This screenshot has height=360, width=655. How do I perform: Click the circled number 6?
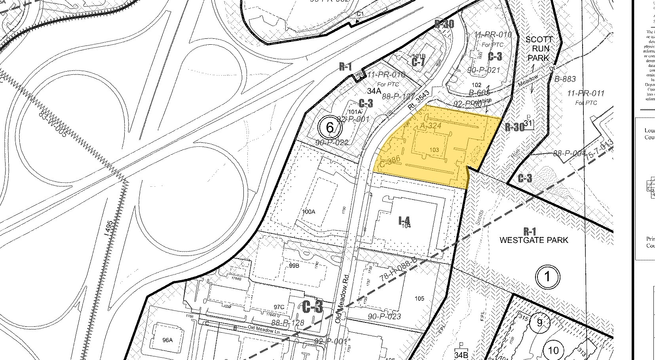click(330, 127)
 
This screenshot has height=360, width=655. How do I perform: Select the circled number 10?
click(553, 350)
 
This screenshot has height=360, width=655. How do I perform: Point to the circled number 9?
click(541, 322)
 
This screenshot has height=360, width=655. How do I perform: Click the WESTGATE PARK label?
click(534, 240)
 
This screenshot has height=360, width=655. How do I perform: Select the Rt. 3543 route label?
click(418, 101)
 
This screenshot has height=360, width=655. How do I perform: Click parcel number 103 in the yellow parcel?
click(434, 150)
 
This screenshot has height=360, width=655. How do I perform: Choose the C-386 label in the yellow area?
click(391, 161)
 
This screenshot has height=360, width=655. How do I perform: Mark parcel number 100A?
click(308, 212)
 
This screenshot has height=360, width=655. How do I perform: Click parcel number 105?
click(419, 298)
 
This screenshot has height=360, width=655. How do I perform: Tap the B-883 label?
click(565, 79)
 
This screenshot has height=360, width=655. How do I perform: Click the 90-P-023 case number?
click(384, 316)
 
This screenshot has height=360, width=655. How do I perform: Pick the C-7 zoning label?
click(418, 62)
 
